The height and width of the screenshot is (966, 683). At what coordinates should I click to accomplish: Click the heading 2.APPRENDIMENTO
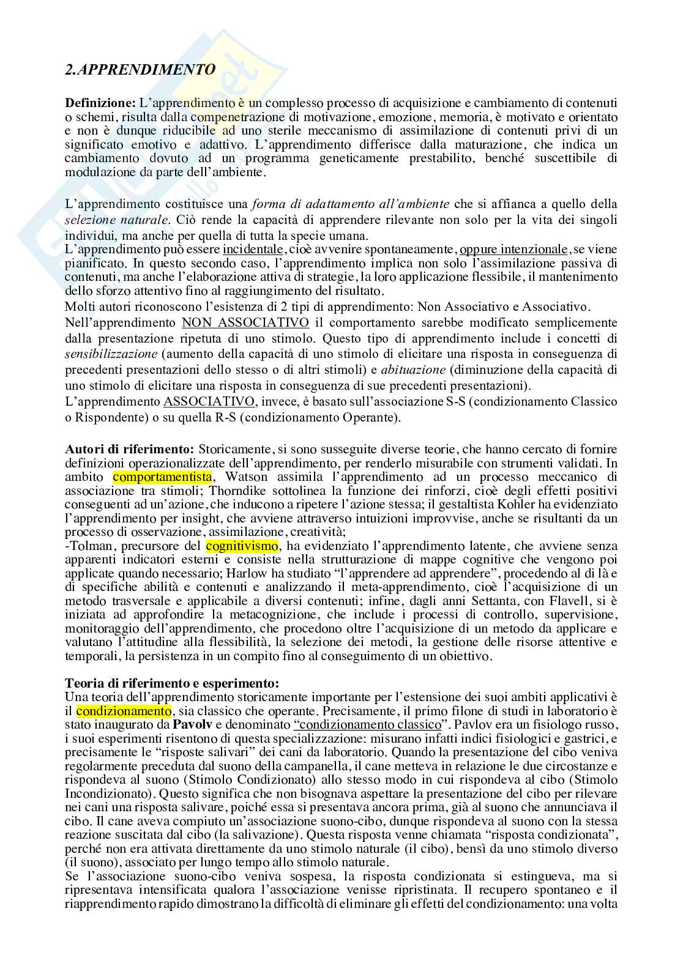pos(140,70)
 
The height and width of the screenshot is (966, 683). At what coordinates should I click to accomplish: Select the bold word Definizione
pos(100,103)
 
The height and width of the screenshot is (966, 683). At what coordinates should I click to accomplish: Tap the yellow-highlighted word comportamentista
pos(162,477)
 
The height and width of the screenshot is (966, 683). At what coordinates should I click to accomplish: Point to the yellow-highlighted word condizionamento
pos(124,711)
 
